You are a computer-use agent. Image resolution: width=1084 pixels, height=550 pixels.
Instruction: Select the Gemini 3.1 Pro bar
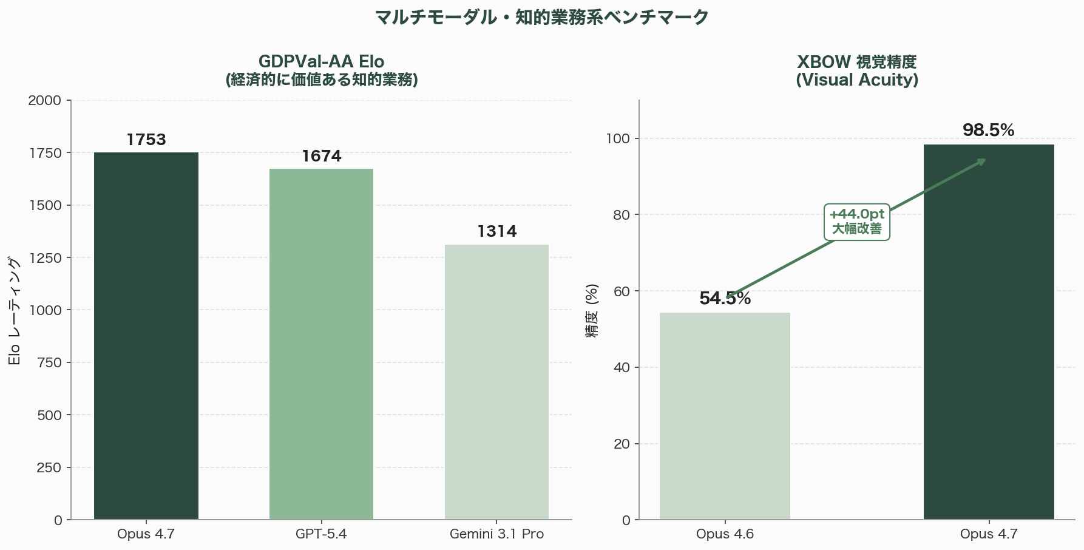click(496, 382)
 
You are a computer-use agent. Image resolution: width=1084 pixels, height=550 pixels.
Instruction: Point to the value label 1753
click(146, 140)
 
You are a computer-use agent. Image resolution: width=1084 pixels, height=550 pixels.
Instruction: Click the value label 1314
click(496, 232)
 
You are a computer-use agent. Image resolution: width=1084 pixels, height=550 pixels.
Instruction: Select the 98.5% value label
click(988, 131)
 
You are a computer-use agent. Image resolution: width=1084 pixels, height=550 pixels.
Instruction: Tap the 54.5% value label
click(725, 299)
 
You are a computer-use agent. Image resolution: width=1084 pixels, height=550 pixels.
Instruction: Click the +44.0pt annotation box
click(856, 222)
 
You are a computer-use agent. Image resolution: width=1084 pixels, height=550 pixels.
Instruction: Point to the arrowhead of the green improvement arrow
click(983, 161)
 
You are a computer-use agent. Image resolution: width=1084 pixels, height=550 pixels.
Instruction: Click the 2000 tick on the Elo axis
click(46, 100)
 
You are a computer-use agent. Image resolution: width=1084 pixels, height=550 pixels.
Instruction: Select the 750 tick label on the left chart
click(50, 362)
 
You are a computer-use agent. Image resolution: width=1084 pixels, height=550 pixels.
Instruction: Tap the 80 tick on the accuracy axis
click(622, 215)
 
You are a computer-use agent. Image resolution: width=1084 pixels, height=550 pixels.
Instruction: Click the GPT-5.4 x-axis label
click(321, 534)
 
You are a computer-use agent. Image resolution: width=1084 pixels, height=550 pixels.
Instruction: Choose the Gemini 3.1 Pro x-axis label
click(496, 534)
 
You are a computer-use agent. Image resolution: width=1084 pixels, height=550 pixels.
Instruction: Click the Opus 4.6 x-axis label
click(725, 534)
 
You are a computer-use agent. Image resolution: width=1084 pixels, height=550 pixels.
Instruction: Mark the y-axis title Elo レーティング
click(15, 311)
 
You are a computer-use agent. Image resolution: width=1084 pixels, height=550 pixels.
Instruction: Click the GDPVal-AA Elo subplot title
click(321, 62)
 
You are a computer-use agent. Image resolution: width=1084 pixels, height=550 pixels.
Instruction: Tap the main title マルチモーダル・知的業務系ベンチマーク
click(541, 17)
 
